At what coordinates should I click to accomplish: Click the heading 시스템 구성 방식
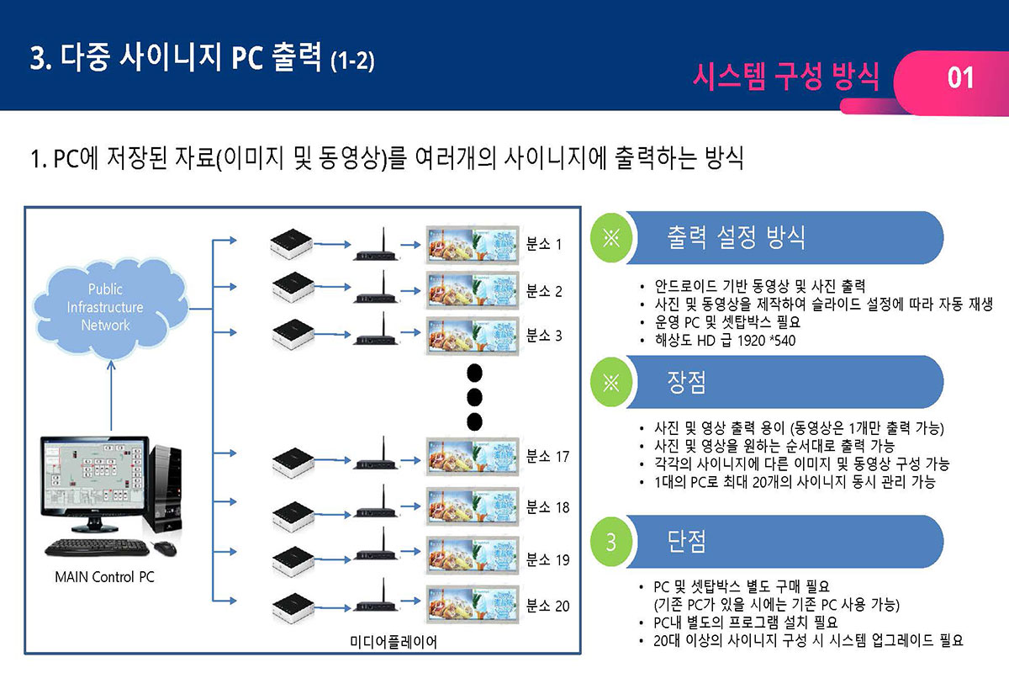click(x=786, y=77)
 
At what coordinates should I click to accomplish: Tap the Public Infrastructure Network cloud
click(x=105, y=307)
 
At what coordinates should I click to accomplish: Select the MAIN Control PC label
click(x=104, y=578)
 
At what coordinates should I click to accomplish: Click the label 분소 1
click(x=543, y=245)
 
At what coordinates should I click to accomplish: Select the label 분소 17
click(x=547, y=457)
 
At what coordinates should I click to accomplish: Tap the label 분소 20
click(x=547, y=606)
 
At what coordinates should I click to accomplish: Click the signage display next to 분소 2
click(x=471, y=291)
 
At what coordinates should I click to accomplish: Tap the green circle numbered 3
click(x=611, y=542)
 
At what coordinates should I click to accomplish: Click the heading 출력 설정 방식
click(x=736, y=237)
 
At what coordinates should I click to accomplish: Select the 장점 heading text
click(x=687, y=383)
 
